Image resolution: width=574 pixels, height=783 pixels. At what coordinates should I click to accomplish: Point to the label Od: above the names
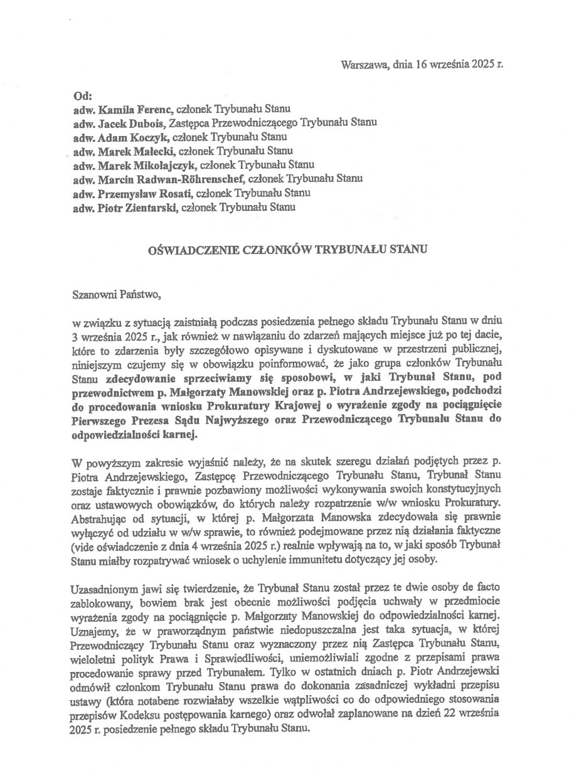[x=82, y=96]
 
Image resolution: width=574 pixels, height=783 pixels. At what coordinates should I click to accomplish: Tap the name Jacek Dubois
[x=122, y=124]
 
